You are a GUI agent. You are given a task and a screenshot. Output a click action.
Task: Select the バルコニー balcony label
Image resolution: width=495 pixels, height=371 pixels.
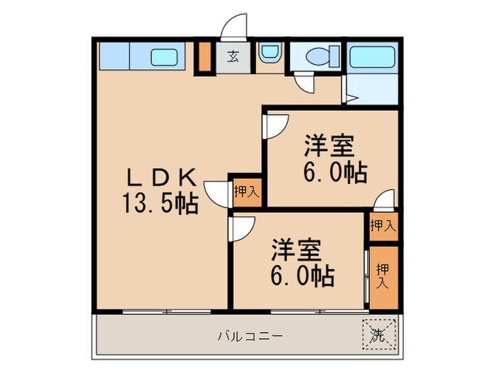point(250,335)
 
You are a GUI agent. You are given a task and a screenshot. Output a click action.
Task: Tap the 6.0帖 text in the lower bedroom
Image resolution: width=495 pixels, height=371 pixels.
point(302,276)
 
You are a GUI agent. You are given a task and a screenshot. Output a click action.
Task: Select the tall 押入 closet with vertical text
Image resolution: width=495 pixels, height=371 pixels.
point(383,276)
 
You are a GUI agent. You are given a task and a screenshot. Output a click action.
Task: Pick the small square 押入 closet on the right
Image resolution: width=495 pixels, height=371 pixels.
point(383,226)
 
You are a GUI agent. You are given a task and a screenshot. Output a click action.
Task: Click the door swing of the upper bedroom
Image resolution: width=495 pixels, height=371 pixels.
point(274,126)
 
